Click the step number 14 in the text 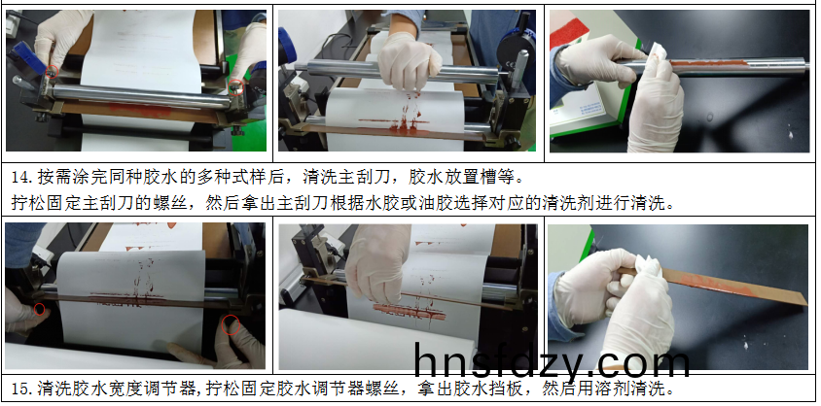tap(19, 177)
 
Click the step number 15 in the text tap(19, 389)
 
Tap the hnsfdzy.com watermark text tap(552, 359)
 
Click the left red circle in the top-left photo tap(51, 72)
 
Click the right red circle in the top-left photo tap(236, 86)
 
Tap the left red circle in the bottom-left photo tap(39, 309)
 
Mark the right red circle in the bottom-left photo tap(231, 324)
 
